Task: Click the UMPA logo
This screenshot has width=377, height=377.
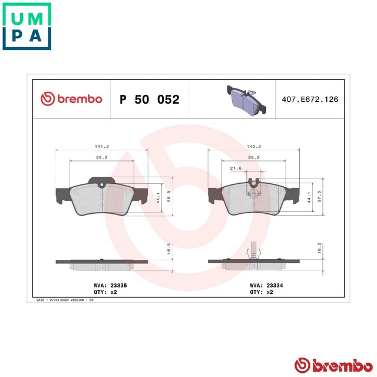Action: [x=27, y=26]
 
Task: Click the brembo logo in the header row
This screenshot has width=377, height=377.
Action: [x=71, y=99]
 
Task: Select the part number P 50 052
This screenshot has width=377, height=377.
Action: [x=150, y=99]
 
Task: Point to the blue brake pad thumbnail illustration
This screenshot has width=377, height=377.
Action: [x=244, y=99]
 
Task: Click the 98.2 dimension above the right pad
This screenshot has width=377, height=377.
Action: [x=254, y=156]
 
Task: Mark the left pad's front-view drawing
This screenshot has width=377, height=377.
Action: [x=101, y=197]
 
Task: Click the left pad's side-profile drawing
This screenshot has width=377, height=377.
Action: [x=101, y=263]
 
